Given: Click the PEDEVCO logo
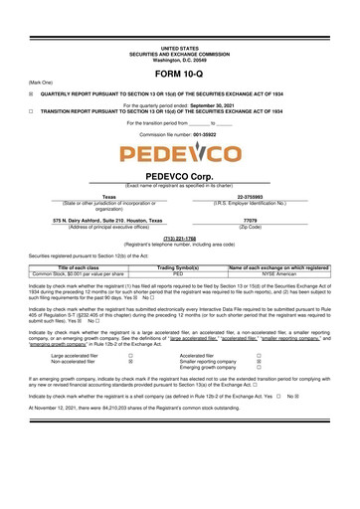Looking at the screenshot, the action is pos(179,156).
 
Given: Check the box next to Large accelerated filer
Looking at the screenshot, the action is pos(131,352).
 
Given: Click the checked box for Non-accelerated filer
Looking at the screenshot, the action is pos(131,359).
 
